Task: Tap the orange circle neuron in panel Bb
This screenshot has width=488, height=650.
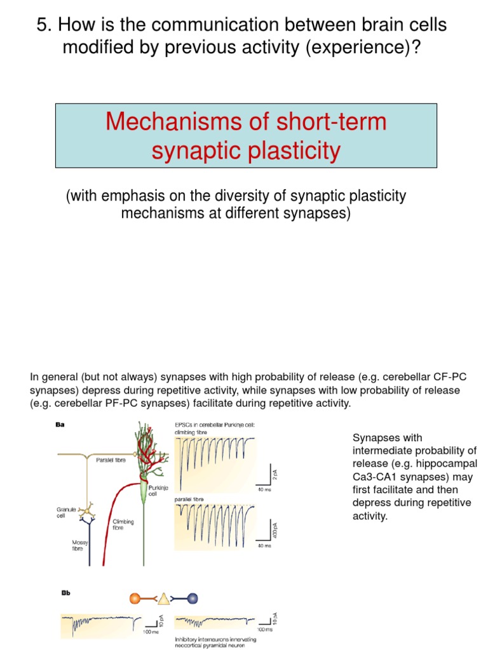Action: click(135, 597)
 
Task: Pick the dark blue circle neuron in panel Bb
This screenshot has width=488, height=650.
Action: click(193, 597)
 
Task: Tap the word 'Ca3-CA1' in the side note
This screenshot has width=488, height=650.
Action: click(373, 477)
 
